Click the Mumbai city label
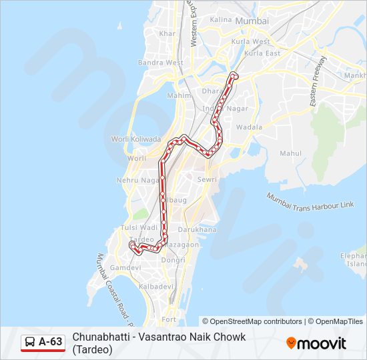point(252,21)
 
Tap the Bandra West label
point(161,63)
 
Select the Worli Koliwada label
point(136,139)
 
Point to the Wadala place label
point(249,127)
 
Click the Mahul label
point(291,153)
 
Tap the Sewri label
point(207,179)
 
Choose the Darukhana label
point(198,229)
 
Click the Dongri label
point(173,260)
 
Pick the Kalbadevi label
point(155,286)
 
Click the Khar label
point(167,33)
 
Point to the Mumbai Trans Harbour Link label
point(310,200)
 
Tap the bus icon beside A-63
point(30,343)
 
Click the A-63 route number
point(51,343)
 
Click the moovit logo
point(316,343)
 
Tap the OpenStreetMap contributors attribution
point(252,321)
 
